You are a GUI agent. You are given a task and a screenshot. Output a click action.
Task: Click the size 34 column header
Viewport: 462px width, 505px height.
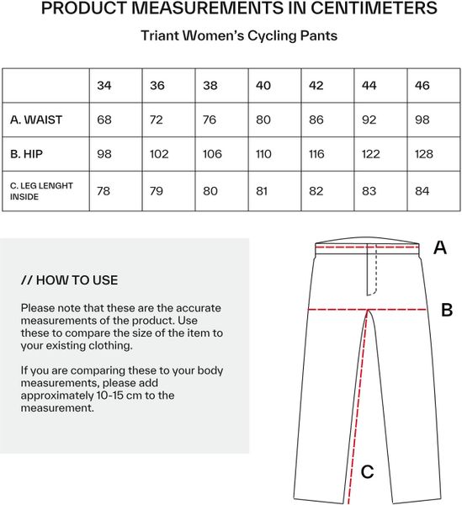click(104, 86)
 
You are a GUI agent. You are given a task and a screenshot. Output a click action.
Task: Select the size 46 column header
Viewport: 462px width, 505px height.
click(422, 86)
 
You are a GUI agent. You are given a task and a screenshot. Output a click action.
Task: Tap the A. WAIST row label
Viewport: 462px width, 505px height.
click(35, 120)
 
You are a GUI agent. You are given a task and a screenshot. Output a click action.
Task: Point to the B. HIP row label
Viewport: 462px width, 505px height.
click(26, 154)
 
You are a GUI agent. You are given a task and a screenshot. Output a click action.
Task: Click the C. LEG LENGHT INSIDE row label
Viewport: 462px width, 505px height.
click(41, 191)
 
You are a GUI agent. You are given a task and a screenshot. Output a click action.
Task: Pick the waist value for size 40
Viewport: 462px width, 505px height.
click(263, 120)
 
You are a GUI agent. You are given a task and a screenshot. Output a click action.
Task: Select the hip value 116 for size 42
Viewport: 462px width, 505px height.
click(316, 154)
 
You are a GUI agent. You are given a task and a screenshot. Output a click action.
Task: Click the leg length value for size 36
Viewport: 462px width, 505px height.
click(157, 191)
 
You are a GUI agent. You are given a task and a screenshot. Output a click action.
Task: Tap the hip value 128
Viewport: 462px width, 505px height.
click(423, 154)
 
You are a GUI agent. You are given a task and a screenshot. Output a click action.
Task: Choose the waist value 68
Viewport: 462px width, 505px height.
click(104, 120)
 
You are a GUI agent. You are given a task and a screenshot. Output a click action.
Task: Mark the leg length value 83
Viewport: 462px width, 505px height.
click(369, 191)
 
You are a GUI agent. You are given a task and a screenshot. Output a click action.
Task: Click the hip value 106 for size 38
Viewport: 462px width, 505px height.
click(212, 154)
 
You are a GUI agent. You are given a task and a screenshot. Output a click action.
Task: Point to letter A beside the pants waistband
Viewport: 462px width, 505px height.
click(440, 247)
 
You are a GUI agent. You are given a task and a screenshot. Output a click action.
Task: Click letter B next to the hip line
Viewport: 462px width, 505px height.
click(447, 310)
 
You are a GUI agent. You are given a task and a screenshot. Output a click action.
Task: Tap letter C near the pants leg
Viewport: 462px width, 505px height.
click(367, 472)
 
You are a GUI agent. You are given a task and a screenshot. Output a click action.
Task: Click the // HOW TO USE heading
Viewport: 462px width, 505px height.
click(69, 280)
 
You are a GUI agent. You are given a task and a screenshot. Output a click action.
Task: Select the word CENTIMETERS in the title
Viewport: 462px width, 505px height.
click(374, 8)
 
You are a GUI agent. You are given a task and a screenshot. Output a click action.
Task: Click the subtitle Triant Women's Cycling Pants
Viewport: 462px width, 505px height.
click(239, 35)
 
